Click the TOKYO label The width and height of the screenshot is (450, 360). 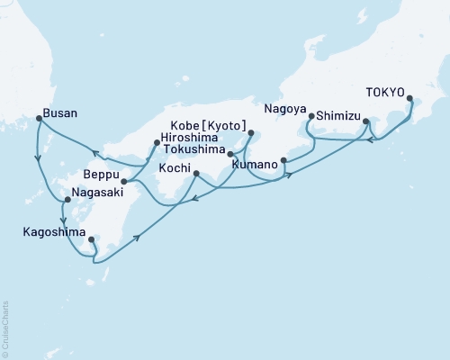[385, 91]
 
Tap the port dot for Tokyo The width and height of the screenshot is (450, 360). [409, 99]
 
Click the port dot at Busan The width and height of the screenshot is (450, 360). [38, 118]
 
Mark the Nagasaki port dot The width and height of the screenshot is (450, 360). [67, 199]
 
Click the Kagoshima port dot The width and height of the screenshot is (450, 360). [91, 238]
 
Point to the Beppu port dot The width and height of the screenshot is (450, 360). [123, 181]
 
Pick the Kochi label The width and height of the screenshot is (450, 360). [175, 168]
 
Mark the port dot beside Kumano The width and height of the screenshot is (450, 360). [283, 161]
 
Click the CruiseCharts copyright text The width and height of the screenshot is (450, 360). [5, 328]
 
